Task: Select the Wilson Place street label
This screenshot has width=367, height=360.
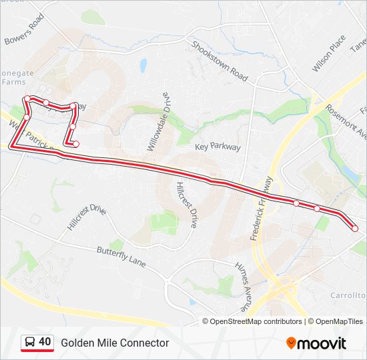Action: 328,53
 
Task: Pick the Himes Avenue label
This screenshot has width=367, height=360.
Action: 242,287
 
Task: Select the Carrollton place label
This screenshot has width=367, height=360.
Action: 348,295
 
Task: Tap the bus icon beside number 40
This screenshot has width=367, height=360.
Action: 29,343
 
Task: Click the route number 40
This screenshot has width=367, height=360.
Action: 45,343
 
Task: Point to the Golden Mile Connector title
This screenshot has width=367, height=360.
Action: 115,343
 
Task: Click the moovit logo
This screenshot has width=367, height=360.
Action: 316,343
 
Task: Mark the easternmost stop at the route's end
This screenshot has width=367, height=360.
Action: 355,229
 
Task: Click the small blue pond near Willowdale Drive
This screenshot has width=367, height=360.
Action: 143,66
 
